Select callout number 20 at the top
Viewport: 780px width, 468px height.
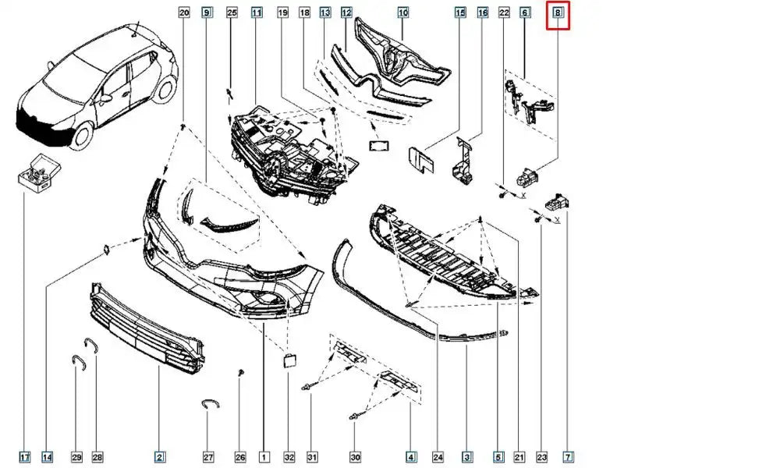[x=184, y=12]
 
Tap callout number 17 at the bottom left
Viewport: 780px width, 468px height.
[x=24, y=457]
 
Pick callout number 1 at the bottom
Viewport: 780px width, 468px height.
[x=264, y=457]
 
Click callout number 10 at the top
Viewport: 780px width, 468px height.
[x=403, y=12]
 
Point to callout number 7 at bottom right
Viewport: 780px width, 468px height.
[x=568, y=457]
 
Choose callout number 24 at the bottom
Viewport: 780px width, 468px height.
[x=438, y=457]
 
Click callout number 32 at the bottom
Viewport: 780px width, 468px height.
[x=289, y=457]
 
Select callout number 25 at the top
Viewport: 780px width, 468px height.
[x=232, y=12]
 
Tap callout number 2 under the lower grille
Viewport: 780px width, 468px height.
[x=159, y=457]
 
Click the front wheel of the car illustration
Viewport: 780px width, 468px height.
[x=83, y=135]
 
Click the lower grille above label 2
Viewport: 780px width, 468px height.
[x=147, y=328]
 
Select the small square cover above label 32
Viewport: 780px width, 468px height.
[x=289, y=360]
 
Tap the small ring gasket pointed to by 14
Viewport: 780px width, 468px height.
[x=106, y=250]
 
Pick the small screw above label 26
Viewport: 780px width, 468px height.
[x=241, y=373]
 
